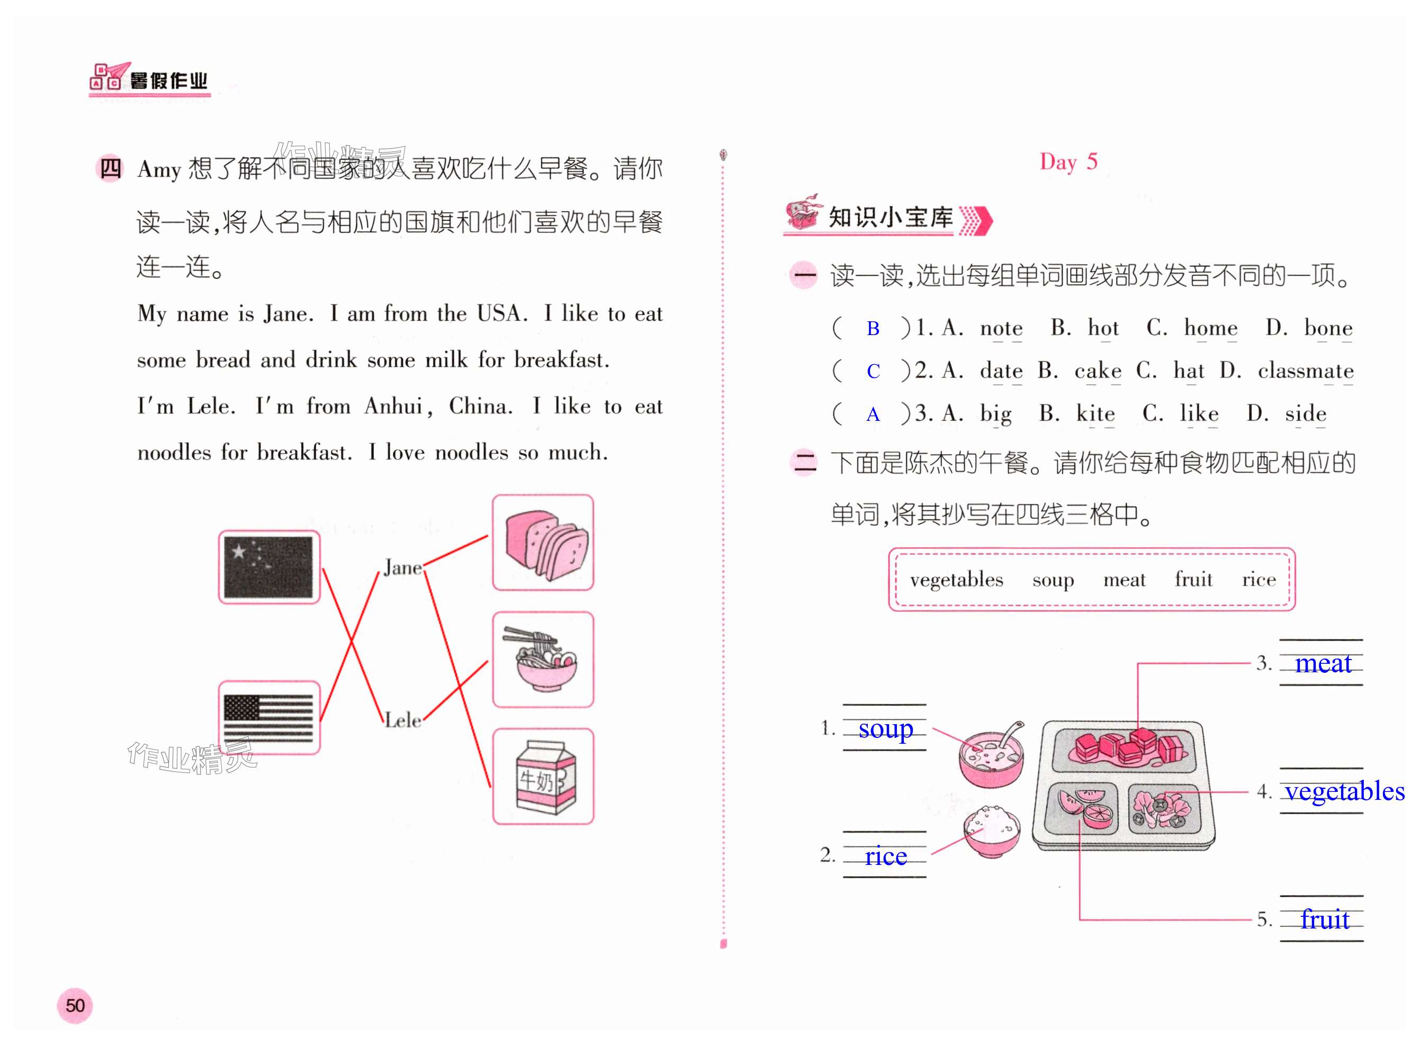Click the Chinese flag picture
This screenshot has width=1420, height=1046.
tap(269, 567)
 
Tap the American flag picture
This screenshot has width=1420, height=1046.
tap(269, 717)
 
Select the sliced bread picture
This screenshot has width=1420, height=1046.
tap(543, 543)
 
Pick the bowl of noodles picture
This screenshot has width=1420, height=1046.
tap(543, 659)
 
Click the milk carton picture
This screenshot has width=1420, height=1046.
tap(543, 776)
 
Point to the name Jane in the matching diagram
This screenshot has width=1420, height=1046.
tap(402, 567)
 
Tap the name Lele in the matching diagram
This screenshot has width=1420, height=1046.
tap(403, 720)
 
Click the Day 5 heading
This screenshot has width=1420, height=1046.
tap(1068, 162)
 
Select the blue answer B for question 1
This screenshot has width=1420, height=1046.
tap(873, 329)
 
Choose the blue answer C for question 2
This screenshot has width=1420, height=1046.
tap(873, 372)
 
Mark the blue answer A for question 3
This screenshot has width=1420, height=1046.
tap(873, 414)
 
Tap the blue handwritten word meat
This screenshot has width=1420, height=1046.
tap(1323, 664)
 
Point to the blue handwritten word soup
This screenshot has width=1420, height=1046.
tap(885, 729)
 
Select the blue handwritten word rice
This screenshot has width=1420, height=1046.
tap(885, 856)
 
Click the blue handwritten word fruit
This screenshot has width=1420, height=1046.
tap(1324, 919)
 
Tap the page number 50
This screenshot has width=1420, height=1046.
tap(75, 1005)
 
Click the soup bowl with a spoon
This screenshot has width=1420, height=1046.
tap(991, 756)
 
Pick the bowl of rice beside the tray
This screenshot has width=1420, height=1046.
tap(992, 831)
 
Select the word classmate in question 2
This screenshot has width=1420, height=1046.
tap(1305, 371)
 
